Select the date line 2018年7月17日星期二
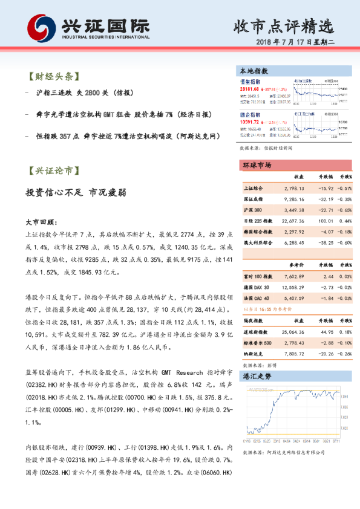point(295,45)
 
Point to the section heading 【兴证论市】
point(53,170)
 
